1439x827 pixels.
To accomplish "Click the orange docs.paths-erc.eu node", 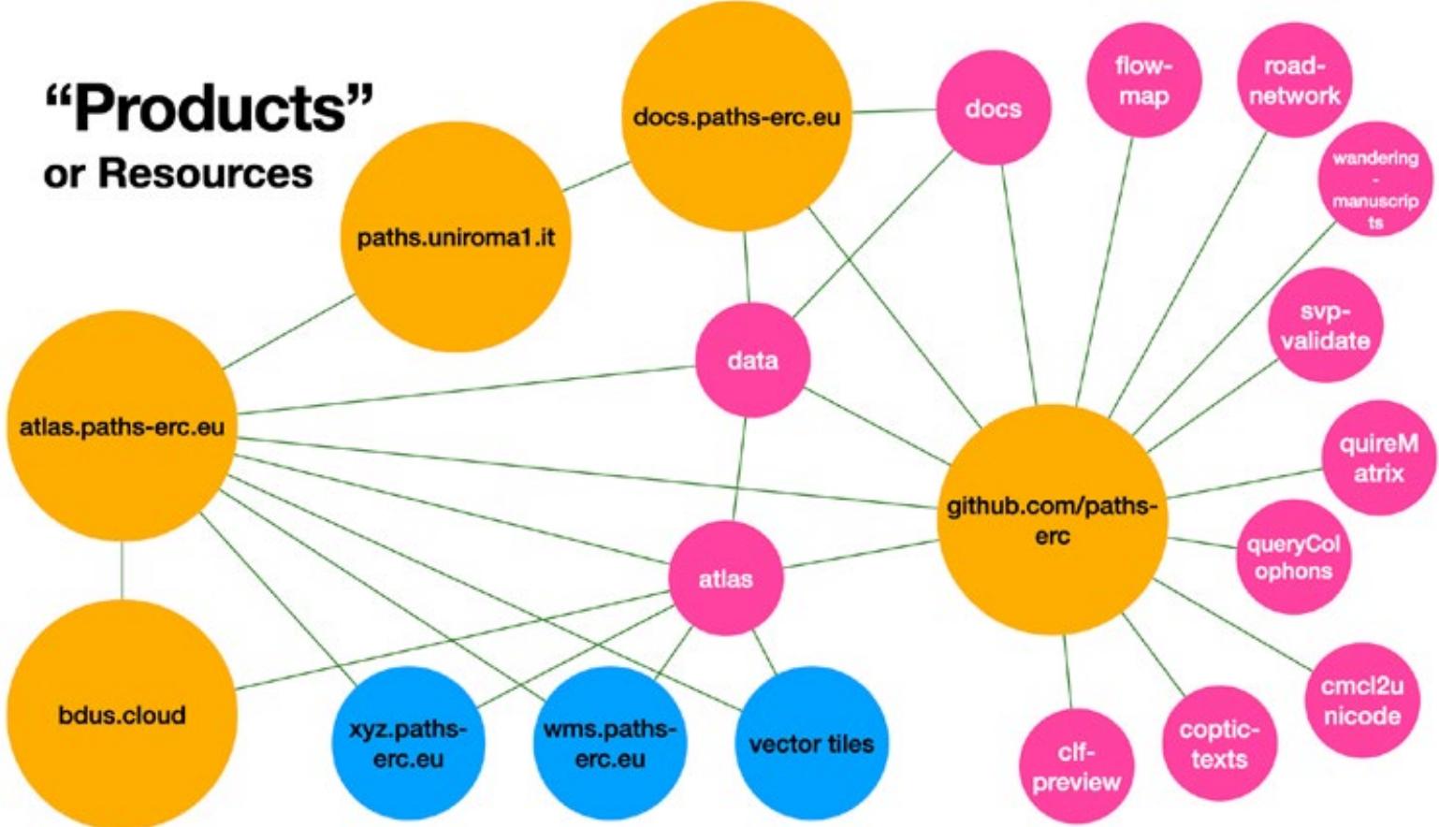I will [x=736, y=116].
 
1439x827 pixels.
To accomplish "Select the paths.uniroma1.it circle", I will [x=456, y=237].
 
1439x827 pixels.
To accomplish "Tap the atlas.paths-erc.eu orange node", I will [x=122, y=427].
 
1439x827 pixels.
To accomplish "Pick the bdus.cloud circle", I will [x=122, y=715].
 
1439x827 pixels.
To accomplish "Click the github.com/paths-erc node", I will [x=1052, y=520].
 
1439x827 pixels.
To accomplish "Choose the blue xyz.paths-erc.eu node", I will [x=408, y=743].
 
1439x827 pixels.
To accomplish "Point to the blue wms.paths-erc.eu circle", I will [x=610, y=743].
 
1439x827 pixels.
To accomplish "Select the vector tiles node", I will [x=811, y=743].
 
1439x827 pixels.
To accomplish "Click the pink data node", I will [x=752, y=360].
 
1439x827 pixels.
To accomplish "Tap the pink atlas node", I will [x=726, y=579].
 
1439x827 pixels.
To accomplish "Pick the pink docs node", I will [x=993, y=109].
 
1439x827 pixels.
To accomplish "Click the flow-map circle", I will [x=1143, y=80].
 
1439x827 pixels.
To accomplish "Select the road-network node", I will [x=1294, y=80].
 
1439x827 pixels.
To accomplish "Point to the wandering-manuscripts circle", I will [x=1374, y=180].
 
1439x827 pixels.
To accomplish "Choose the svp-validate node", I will [x=1325, y=326].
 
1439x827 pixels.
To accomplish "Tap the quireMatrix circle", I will [x=1378, y=457].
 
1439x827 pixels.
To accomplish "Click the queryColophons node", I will [x=1293, y=557].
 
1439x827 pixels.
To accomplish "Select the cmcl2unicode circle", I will [x=1361, y=700].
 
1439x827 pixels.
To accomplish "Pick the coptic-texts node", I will [x=1218, y=743].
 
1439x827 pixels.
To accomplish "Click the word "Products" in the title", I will [x=210, y=109].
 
